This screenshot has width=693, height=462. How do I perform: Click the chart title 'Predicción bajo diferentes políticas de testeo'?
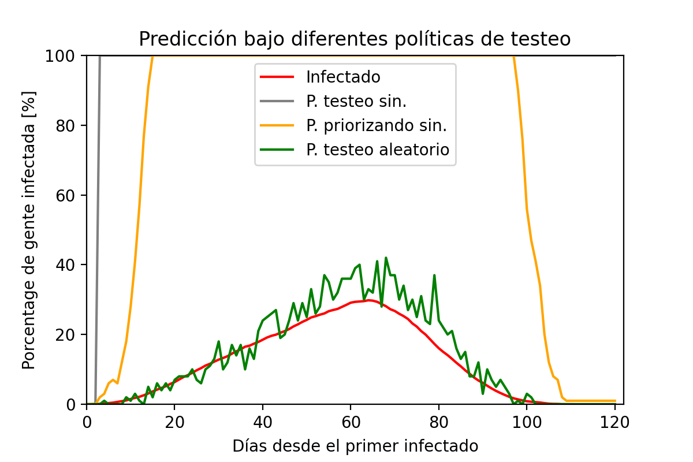pos(355,39)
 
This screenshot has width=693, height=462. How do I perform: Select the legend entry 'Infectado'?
pos(343,77)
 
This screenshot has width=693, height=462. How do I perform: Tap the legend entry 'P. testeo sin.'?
pos(356,101)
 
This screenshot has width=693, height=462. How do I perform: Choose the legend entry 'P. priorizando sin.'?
pos(377,125)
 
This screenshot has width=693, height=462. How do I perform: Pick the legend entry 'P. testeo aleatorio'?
pos(378,150)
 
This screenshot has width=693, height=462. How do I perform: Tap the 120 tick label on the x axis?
pos(614,422)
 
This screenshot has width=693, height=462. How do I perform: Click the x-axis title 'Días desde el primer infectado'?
pos(355,446)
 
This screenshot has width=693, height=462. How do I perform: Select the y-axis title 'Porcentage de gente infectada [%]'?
pos(28,230)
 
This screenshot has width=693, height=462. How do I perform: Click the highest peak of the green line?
pos(386,258)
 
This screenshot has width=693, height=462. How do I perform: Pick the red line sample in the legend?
pos(278,77)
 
